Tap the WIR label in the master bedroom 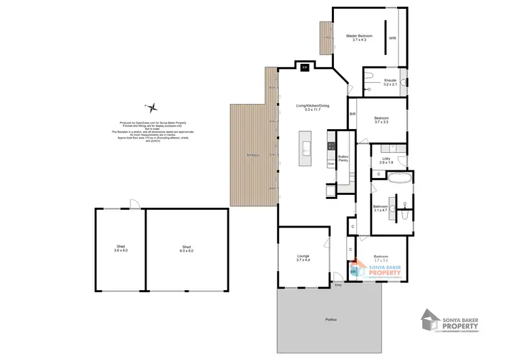click(392, 38)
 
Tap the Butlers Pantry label click(343, 159)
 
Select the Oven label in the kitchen click(331, 164)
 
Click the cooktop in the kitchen click(331, 145)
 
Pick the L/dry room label click(386, 160)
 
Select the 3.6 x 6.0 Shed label click(121, 249)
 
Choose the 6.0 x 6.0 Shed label click(187, 249)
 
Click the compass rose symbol click(154, 107)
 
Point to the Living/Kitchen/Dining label click(312, 107)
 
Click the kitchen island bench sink click(305, 149)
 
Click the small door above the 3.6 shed click(134, 204)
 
